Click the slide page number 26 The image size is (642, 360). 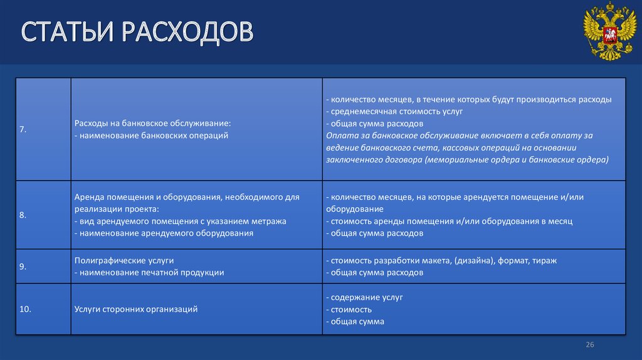[x=589, y=345]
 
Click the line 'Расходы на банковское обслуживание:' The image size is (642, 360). [x=152, y=123]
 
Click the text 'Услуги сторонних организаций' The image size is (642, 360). [x=136, y=309]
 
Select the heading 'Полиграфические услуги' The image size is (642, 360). [x=124, y=260]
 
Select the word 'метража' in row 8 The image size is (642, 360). [x=270, y=221]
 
